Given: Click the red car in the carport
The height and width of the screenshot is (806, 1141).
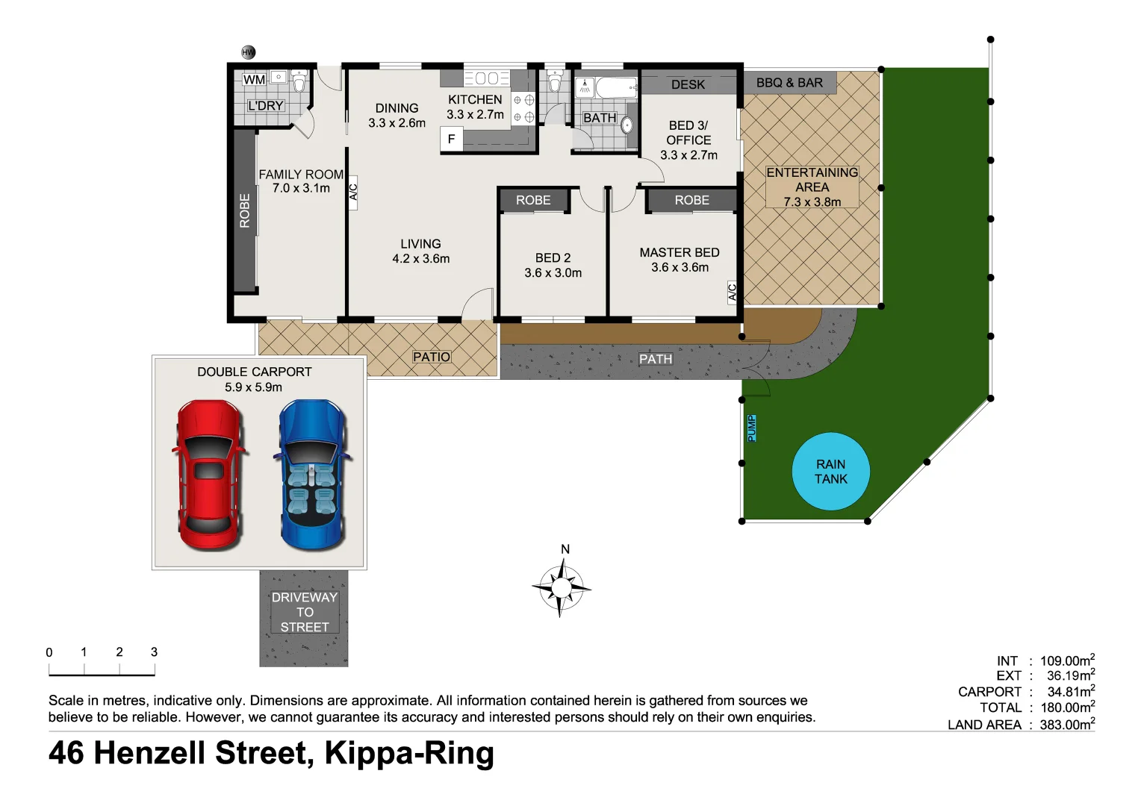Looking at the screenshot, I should (209, 475).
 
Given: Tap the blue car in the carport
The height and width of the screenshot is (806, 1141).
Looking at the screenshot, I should (312, 475).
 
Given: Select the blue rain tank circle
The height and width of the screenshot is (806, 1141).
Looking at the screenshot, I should (830, 472).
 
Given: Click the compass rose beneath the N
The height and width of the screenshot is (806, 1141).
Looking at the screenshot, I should (561, 588).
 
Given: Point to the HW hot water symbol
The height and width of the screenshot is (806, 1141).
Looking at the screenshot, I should (249, 52).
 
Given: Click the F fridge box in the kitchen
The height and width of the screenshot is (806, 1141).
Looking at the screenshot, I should (451, 139).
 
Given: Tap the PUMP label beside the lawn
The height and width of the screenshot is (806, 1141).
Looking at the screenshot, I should (751, 428).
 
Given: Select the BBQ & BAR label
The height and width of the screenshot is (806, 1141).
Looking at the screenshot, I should (789, 83).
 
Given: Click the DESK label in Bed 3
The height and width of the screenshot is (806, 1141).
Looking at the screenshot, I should (688, 84).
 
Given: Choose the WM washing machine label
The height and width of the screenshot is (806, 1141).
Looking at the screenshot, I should (254, 80).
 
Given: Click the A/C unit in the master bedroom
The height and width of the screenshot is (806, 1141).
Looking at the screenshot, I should (732, 292).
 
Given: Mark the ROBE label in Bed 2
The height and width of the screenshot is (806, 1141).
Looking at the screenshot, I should (533, 200).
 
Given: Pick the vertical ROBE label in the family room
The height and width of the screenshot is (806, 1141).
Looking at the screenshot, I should (244, 210).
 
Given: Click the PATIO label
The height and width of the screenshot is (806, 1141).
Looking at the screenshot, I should (432, 357).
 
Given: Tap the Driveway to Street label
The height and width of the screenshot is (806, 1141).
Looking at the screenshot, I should (305, 612).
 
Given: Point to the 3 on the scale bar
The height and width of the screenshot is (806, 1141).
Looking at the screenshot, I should (154, 652).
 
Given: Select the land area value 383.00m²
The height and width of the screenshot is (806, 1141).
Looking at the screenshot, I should (1067, 724).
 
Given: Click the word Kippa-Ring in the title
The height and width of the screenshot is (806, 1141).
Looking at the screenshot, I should (409, 753).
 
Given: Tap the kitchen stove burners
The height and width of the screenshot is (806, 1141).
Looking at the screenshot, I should (523, 108).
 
